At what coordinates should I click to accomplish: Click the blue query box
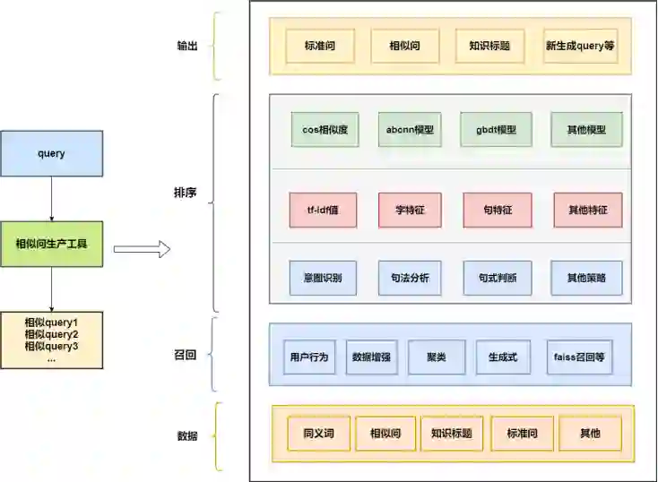click(51, 153)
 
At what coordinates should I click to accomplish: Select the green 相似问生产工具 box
click(51, 244)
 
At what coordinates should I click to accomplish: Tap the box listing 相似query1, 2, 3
click(51, 340)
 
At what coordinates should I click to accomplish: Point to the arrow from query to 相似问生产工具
click(51, 198)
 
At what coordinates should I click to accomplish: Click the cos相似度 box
click(325, 129)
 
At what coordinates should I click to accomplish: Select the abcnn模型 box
click(410, 129)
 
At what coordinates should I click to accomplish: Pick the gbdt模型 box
click(496, 129)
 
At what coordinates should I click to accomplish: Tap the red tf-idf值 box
click(324, 210)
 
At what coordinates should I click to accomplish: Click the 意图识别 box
click(324, 278)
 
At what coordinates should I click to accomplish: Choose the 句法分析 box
click(410, 278)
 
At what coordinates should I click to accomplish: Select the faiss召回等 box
click(580, 357)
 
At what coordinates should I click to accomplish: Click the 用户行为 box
click(309, 357)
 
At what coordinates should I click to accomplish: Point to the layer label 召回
click(186, 356)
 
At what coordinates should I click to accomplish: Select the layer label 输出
click(186, 46)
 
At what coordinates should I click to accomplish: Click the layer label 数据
click(187, 437)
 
